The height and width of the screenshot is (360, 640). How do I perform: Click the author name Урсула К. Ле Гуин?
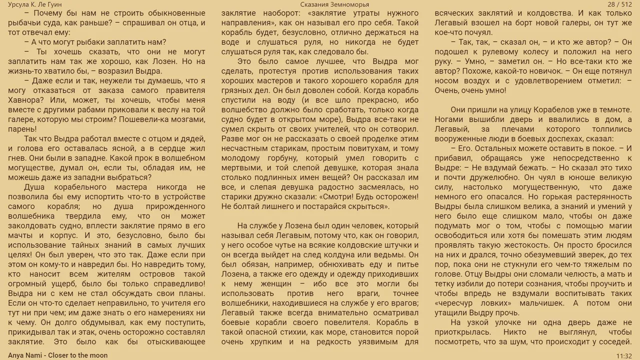click(35, 4)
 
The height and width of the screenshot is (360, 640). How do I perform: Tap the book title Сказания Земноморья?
click(334, 4)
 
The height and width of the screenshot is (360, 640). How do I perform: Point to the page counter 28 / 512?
click(620, 4)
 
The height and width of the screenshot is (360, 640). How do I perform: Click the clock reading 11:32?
click(624, 355)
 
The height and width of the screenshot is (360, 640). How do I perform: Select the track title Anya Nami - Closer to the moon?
click(58, 355)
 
